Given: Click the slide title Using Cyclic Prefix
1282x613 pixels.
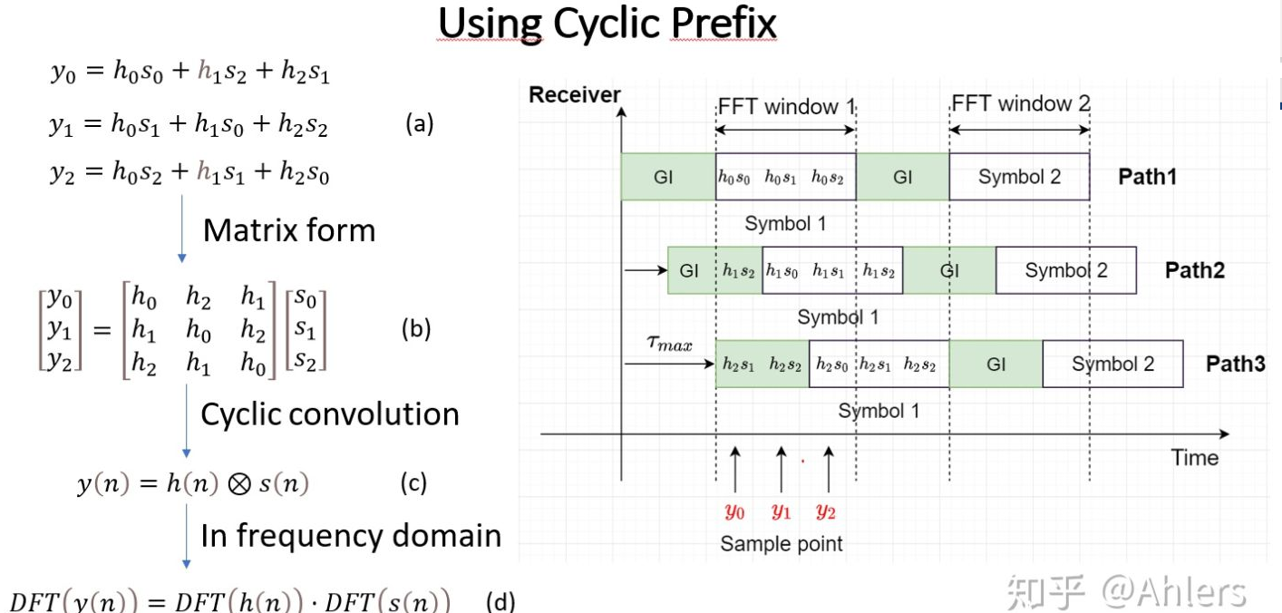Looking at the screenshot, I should pyautogui.click(x=607, y=24).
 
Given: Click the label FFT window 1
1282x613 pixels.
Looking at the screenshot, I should pyautogui.click(x=786, y=107).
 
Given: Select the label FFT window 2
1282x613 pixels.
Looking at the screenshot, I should pyautogui.click(x=1020, y=104).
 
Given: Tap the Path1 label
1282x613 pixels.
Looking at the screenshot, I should pyautogui.click(x=1147, y=177).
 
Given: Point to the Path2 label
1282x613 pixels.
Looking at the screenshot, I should pyautogui.click(x=1195, y=270).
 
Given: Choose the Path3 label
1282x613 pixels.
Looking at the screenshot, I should pyautogui.click(x=1235, y=365).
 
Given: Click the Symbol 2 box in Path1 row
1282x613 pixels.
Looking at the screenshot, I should pyautogui.click(x=1019, y=177).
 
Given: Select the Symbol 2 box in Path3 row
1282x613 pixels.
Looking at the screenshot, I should pyautogui.click(x=1112, y=365).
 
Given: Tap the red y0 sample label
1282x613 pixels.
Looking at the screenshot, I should pyautogui.click(x=734, y=511).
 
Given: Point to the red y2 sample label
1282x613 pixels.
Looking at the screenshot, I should pyautogui.click(x=825, y=511).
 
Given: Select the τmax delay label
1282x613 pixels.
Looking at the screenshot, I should pyautogui.click(x=669, y=344).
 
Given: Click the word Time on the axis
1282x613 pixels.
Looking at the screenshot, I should pyautogui.click(x=1195, y=457).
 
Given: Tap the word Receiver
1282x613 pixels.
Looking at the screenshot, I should pyautogui.click(x=575, y=95).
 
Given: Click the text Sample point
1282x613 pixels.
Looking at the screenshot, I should pyautogui.click(x=781, y=544).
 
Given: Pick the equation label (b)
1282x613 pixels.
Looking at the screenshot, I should pyautogui.click(x=416, y=329).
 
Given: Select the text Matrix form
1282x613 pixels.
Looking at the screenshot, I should pyautogui.click(x=288, y=230).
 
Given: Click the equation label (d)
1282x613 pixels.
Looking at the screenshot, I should pyautogui.click(x=500, y=601).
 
